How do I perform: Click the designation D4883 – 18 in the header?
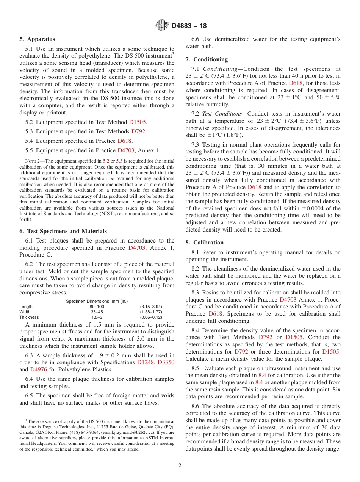pyautogui.click(x=189, y=26)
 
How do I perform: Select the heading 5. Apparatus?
pyautogui.click(x=37, y=39)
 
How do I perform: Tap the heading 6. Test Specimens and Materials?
pyautogui.click(x=63, y=231)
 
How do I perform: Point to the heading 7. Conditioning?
pyautogui.click(x=207, y=59)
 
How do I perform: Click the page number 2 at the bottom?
pyautogui.click(x=180, y=465)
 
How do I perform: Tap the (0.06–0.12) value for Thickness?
pyautogui.click(x=151, y=317)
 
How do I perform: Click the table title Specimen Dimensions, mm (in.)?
pyautogui.click(x=97, y=301)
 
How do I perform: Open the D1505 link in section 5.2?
pyautogui.click(x=137, y=122)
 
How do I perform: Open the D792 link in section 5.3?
pyautogui.click(x=138, y=131)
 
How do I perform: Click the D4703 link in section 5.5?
pyautogui.click(x=125, y=150)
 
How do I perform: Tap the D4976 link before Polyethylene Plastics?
pyautogui.click(x=38, y=369)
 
